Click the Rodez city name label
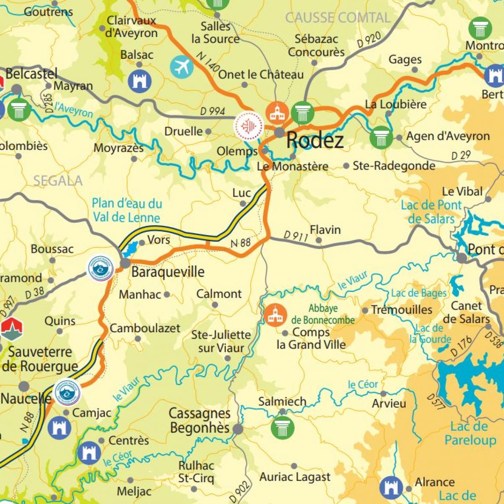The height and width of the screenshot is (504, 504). (315, 140)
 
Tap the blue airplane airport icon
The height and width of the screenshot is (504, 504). (181, 67)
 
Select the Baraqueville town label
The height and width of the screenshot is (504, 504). (168, 272)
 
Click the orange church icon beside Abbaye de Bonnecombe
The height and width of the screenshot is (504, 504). (276, 315)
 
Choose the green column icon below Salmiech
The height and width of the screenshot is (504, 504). (283, 427)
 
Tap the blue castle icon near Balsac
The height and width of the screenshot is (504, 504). (139, 81)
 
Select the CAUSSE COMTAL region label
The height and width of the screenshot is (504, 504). (338, 18)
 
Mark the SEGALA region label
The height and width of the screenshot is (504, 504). (58, 181)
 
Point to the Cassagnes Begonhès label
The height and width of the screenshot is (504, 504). (199, 421)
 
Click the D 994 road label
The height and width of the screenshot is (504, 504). (213, 111)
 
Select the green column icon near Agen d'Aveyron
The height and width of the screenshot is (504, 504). (381, 137)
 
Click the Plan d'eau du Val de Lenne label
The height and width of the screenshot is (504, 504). (127, 210)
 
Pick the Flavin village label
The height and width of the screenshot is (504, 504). (325, 230)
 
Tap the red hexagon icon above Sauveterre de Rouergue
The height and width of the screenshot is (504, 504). (11, 329)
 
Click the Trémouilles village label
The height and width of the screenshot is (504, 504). (402, 310)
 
